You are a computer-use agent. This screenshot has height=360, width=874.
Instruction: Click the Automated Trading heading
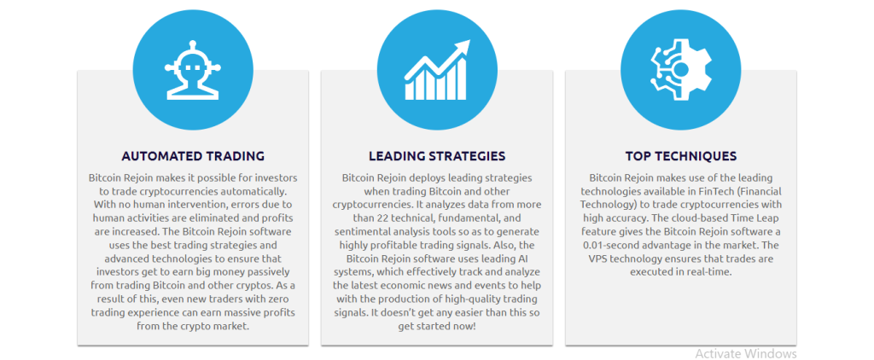(x=193, y=155)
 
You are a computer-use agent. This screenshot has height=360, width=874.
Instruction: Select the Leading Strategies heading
(x=437, y=155)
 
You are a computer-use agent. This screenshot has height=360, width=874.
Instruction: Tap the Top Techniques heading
(x=680, y=155)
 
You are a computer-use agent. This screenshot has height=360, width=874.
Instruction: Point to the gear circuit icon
(x=680, y=70)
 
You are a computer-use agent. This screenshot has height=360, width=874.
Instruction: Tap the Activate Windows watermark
(x=746, y=353)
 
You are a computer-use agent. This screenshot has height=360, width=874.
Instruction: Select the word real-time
(x=708, y=272)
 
